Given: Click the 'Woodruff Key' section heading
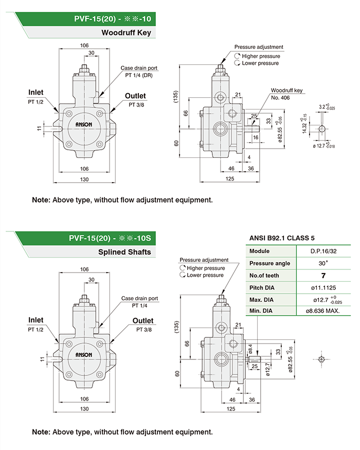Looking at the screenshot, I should coord(125,33).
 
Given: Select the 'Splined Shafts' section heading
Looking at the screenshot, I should coord(124,252).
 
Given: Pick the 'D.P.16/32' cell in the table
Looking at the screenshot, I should coord(324,251).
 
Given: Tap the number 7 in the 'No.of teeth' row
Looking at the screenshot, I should coord(324,275).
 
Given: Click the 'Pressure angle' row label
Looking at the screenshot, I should coord(269,263).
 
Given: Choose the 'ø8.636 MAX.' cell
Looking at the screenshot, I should coord(323,311).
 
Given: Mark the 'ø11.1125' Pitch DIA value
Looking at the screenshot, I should coord(324,287).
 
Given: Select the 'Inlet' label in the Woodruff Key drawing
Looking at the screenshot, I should coord(35,92).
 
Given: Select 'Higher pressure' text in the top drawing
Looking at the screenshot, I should coord(261,56).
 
